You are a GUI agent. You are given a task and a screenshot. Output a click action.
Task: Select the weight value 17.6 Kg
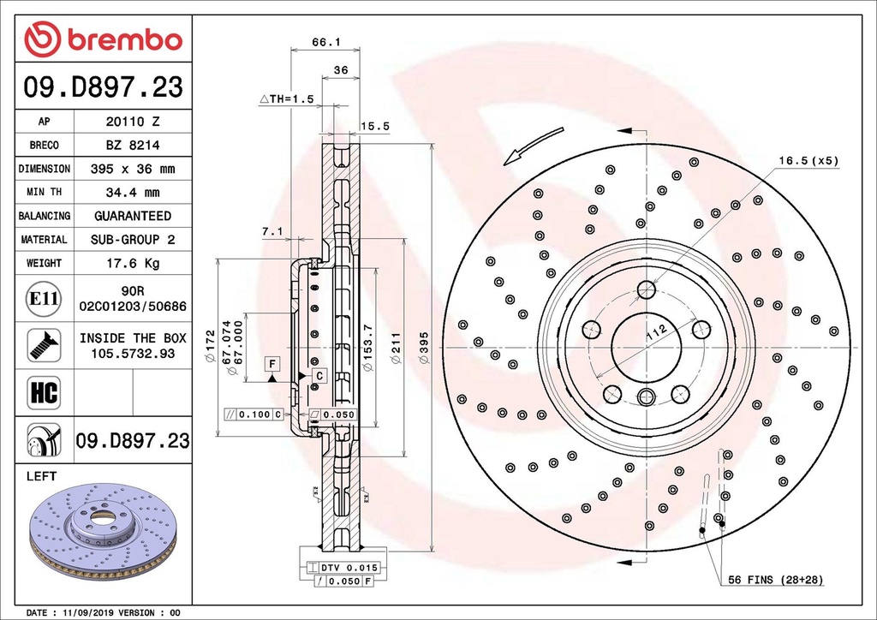132,263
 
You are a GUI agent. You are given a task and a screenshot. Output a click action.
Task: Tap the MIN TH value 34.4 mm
132,193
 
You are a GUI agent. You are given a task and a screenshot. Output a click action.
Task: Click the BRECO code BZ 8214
132,146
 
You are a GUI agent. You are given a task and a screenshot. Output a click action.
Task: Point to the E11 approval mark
43,299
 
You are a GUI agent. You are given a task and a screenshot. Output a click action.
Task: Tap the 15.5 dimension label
375,126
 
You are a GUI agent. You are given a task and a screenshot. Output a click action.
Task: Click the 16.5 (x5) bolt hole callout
808,161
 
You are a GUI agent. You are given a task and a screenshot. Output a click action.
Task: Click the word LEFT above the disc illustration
41,474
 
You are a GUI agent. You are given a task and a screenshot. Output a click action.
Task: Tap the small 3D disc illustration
102,526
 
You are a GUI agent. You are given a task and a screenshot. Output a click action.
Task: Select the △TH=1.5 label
287,99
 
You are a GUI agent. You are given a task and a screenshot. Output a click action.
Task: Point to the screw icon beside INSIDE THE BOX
43,343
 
